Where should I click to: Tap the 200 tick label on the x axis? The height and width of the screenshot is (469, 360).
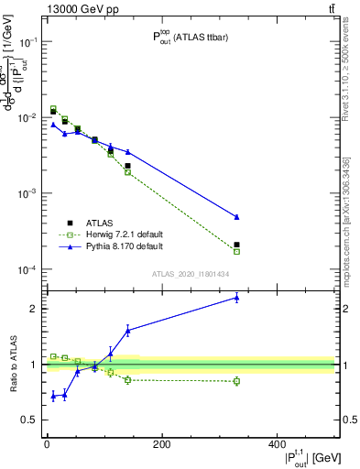(161, 444)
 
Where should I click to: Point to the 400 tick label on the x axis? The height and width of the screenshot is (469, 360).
(277, 444)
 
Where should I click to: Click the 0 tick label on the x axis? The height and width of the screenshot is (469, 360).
(47, 444)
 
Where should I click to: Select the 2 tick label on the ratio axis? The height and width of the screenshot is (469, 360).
(33, 309)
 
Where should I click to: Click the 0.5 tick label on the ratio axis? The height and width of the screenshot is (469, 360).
(29, 420)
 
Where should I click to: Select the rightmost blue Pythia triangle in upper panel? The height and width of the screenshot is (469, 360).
(236, 217)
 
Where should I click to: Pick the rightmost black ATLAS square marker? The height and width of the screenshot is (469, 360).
(236, 245)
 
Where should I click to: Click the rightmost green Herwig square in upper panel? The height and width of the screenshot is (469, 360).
(236, 251)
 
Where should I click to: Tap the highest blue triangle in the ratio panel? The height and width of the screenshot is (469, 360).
(236, 297)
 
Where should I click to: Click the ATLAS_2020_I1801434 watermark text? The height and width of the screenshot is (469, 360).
(190, 274)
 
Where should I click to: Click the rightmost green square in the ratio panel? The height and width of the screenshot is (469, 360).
(236, 381)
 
